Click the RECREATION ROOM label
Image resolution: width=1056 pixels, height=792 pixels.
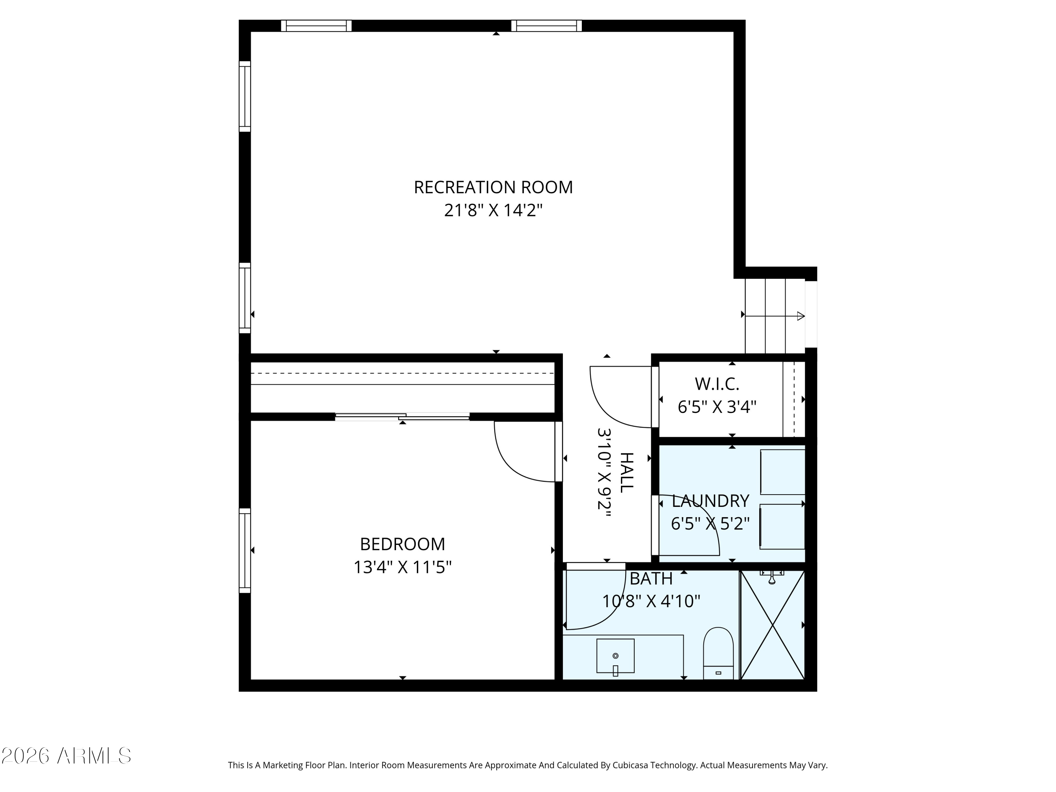pos(493,187)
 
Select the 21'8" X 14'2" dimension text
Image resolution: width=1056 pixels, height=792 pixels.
pos(493,210)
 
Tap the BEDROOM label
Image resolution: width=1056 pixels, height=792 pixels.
pos(402,544)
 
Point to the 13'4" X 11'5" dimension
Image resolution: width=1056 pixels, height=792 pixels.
pos(402,567)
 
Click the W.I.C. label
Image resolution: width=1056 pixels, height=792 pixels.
pos(717,383)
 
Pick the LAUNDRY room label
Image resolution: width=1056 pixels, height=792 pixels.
pos(710,501)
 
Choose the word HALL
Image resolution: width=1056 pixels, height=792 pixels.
pos(626,473)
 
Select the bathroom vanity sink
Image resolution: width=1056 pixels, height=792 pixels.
pos(615,656)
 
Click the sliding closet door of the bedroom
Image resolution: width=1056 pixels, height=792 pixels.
pos(402,417)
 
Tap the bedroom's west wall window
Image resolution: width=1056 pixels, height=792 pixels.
pos(244,551)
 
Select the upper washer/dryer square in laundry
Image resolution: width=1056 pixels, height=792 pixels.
pos(782,471)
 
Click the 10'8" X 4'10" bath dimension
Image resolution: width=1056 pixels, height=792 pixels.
pos(651,601)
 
